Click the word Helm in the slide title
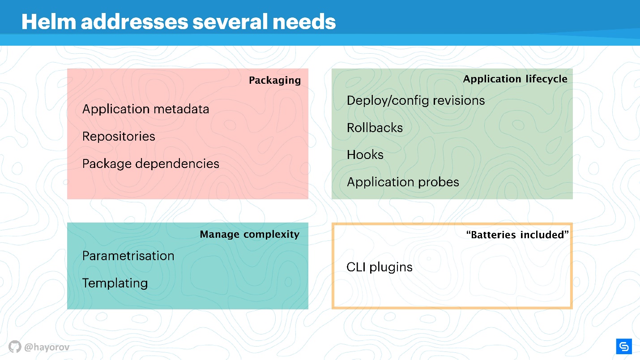pyautogui.click(x=49, y=22)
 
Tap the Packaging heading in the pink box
pyautogui.click(x=275, y=80)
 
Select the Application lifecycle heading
pyautogui.click(x=515, y=79)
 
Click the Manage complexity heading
pyautogui.click(x=250, y=235)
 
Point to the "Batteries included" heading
pyautogui.click(x=517, y=235)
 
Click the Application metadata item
pyautogui.click(x=146, y=109)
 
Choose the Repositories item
pyautogui.click(x=119, y=137)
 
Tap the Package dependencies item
pyautogui.click(x=151, y=164)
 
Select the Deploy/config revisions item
pyautogui.click(x=416, y=101)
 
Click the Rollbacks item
pyautogui.click(x=375, y=128)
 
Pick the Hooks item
pyautogui.click(x=365, y=154)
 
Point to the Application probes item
pyautogui.click(x=403, y=182)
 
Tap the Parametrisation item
pyautogui.click(x=128, y=256)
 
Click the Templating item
pyautogui.click(x=115, y=283)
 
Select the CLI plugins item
pyautogui.click(x=380, y=267)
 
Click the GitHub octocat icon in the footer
pyautogui.click(x=15, y=347)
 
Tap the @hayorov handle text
pyautogui.click(x=47, y=347)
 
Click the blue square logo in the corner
pyautogui.click(x=624, y=347)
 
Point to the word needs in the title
pyautogui.click(x=304, y=22)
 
